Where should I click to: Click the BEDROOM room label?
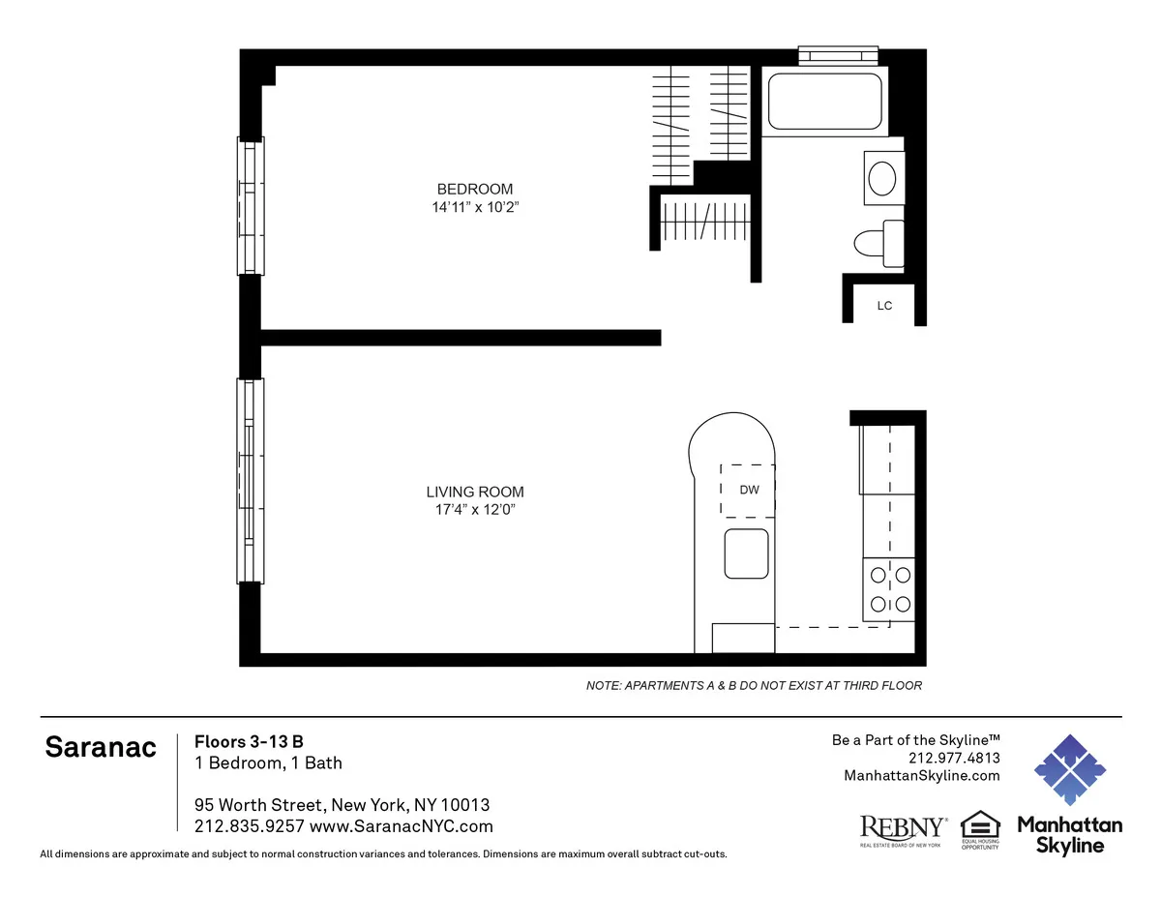point(474,189)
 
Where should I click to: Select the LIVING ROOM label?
point(475,492)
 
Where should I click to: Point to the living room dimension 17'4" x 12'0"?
point(475,510)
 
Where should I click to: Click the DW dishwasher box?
point(749,490)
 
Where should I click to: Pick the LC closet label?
point(883,306)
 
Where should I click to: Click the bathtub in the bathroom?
point(824,100)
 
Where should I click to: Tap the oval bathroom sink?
point(881,179)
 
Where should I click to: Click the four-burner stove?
point(889,589)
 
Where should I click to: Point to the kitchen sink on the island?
point(747,553)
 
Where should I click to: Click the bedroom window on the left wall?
point(251,205)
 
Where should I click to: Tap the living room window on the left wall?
point(251,480)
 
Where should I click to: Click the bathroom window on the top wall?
point(838,55)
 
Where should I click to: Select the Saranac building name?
point(101,748)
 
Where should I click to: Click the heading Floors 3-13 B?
point(249,741)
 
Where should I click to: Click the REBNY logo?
point(904,829)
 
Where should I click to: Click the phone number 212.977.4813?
point(954,758)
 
